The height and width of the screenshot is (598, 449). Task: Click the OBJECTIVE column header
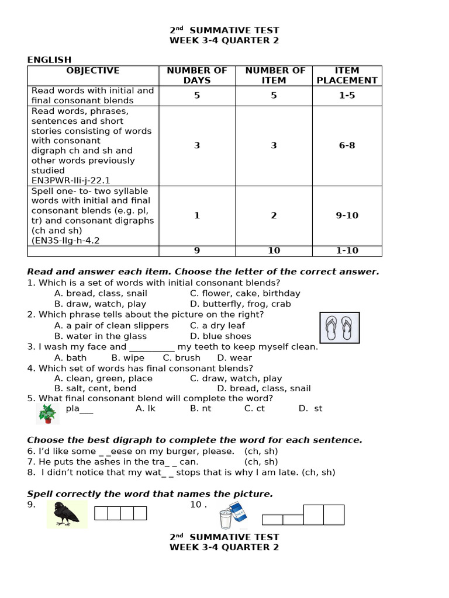point(93,71)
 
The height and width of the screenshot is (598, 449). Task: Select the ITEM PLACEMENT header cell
point(347,75)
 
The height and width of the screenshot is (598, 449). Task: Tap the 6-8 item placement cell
point(347,145)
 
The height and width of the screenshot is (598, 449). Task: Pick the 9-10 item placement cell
point(347,215)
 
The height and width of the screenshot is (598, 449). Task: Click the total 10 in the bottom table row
point(274,251)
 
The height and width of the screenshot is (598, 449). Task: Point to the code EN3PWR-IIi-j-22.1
point(71,180)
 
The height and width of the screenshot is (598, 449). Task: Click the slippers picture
point(339,328)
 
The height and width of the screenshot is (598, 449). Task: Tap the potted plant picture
point(47,413)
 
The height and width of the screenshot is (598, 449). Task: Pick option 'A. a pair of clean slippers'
point(111,325)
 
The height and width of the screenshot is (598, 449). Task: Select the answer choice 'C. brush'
point(181,357)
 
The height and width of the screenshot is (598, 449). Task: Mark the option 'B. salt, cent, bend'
point(95,388)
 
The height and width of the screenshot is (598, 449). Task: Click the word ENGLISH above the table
point(49,60)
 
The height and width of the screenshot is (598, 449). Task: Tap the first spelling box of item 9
point(101,513)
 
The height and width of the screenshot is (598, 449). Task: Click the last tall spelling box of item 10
point(334,514)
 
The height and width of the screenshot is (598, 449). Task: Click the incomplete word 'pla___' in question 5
point(80,408)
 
